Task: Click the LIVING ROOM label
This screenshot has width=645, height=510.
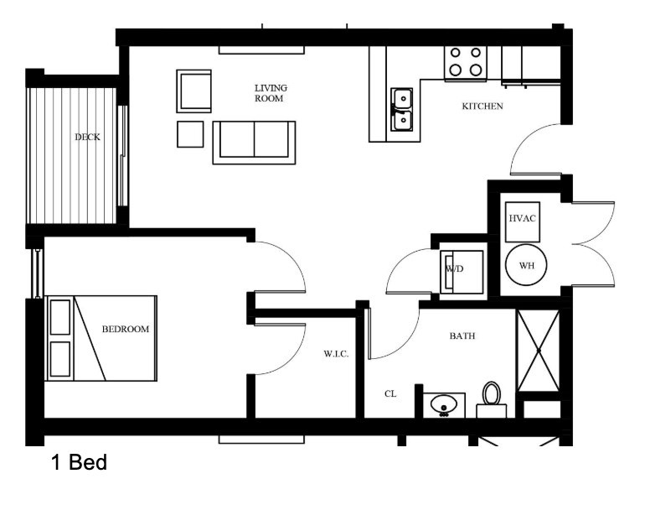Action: pyautogui.click(x=270, y=92)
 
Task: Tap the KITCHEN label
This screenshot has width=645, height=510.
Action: pyautogui.click(x=482, y=107)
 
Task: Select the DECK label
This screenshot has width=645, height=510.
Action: pyautogui.click(x=87, y=138)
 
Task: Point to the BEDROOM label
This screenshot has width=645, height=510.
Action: pyautogui.click(x=126, y=330)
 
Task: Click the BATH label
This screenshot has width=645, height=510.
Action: pyautogui.click(x=462, y=336)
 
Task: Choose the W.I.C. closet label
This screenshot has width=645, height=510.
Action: pyautogui.click(x=336, y=354)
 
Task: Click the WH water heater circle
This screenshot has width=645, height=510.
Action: pyautogui.click(x=526, y=265)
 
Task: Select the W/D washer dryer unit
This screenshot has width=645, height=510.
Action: pyautogui.click(x=462, y=270)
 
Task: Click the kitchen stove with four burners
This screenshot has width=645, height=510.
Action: pyautogui.click(x=467, y=61)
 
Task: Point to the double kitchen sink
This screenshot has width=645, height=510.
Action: pyautogui.click(x=401, y=110)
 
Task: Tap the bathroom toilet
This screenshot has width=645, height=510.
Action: pyautogui.click(x=492, y=398)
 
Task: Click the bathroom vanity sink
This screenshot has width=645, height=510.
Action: pyautogui.click(x=443, y=405)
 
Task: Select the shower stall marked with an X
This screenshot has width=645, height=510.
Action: pyautogui.click(x=538, y=351)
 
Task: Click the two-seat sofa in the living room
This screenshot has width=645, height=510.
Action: pyautogui.click(x=254, y=141)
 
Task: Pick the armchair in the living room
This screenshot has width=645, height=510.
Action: pyautogui.click(x=193, y=91)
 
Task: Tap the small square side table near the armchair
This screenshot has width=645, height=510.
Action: pyautogui.click(x=190, y=134)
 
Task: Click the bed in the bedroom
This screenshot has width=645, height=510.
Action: pyautogui.click(x=101, y=338)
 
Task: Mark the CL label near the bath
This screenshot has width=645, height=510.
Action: pyautogui.click(x=390, y=393)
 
